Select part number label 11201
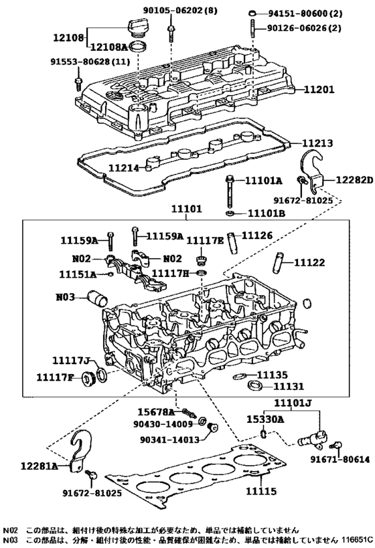(319, 90)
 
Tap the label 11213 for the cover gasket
(317, 143)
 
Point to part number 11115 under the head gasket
(261, 491)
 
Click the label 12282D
(354, 180)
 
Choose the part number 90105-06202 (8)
(180, 11)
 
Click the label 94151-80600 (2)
(305, 13)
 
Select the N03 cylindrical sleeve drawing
(98, 298)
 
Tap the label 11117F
(55, 377)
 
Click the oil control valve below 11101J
(311, 438)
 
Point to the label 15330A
(265, 419)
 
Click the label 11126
(257, 236)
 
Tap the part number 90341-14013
(169, 440)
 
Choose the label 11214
(123, 168)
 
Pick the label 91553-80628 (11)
(90, 62)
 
